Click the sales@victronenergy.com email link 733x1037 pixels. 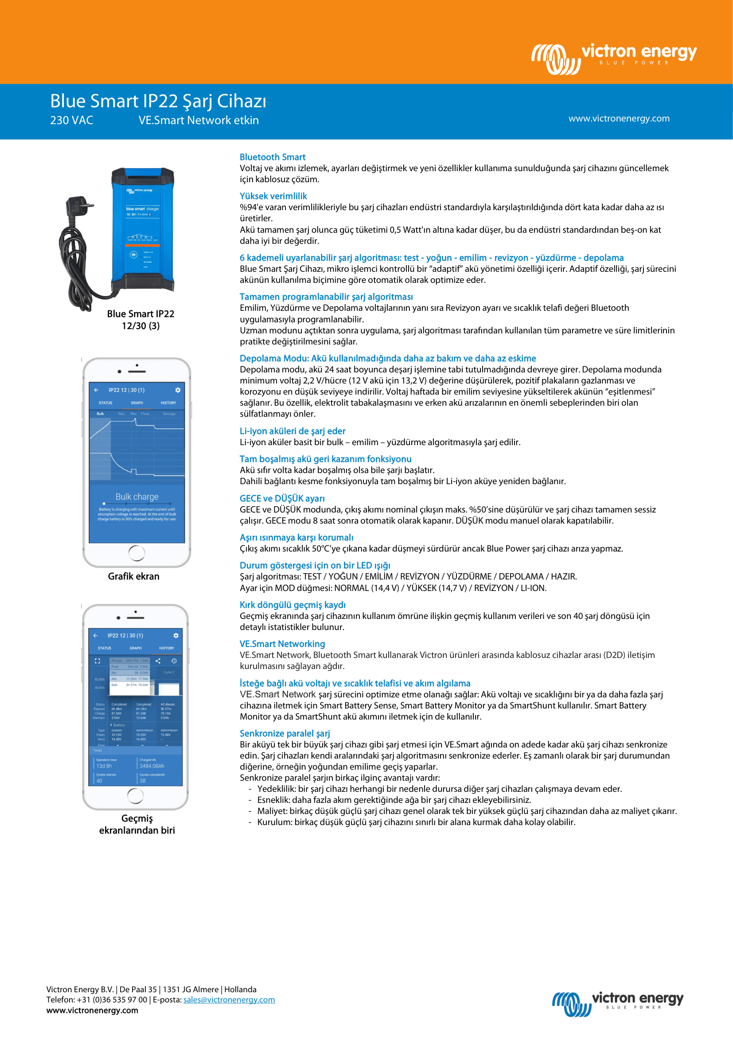(x=229, y=999)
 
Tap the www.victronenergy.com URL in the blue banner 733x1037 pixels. (x=619, y=118)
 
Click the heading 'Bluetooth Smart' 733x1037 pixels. (x=272, y=157)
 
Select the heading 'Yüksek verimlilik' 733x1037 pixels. (x=273, y=196)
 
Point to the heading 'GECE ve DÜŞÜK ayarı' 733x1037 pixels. (x=282, y=498)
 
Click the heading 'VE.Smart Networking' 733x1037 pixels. (x=282, y=644)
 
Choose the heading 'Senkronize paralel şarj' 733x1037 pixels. (x=285, y=733)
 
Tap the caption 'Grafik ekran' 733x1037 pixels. (x=133, y=576)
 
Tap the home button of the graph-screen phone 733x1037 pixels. (x=137, y=553)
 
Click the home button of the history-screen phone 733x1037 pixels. (x=136, y=795)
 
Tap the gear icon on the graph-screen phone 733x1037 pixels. (x=178, y=390)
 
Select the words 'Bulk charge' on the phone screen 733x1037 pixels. (x=137, y=497)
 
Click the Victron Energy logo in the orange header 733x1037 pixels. (x=614, y=58)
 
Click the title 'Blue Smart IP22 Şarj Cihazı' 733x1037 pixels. (x=158, y=101)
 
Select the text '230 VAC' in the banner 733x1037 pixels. (x=71, y=120)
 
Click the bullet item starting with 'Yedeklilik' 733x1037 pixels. (x=439, y=789)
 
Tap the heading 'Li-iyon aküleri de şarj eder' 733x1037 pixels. (x=292, y=431)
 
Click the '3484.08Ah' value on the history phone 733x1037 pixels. (x=152, y=766)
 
